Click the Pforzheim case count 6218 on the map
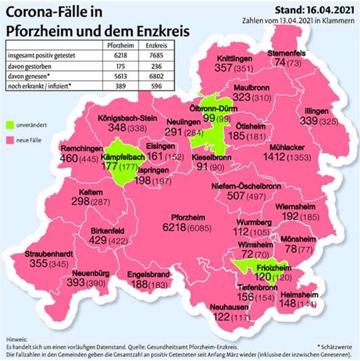[174, 227]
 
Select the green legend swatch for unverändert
[11, 125]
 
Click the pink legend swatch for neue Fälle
[11, 140]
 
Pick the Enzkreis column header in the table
[156, 45]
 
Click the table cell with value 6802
[156, 76]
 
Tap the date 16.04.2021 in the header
[329, 10]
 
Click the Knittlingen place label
[234, 59]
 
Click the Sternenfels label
[286, 53]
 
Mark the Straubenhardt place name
[49, 254]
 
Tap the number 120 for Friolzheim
[263, 277]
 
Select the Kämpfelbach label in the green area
[123, 157]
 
